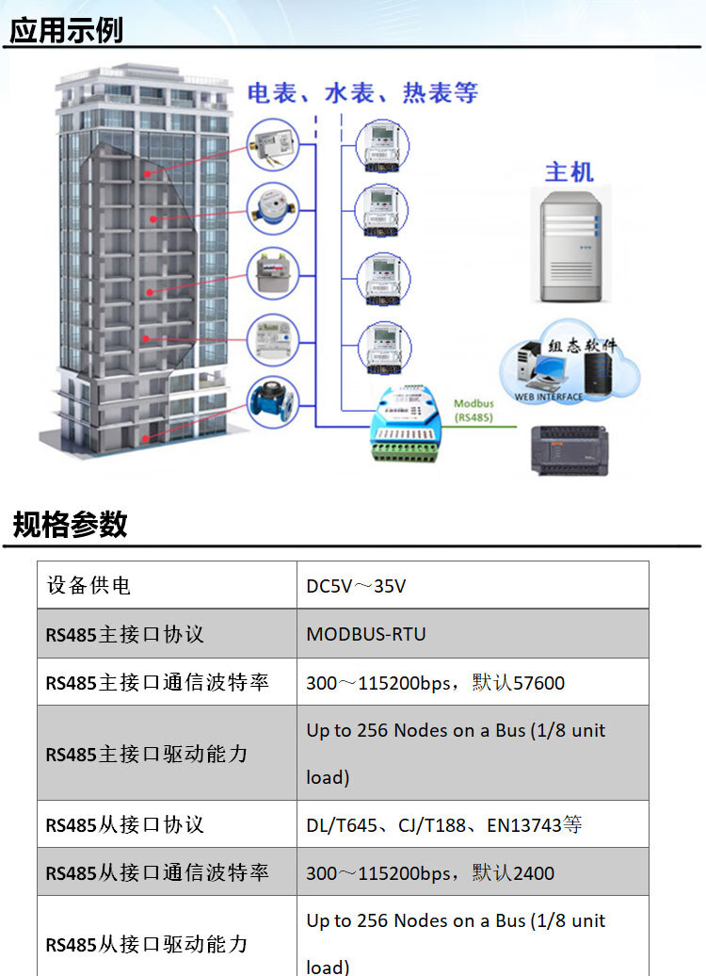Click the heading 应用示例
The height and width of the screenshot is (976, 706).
(66, 30)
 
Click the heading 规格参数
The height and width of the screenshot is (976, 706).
(71, 524)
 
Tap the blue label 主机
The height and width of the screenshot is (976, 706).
(570, 172)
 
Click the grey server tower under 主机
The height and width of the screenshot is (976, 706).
(571, 247)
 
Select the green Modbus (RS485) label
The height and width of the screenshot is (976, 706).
(473, 411)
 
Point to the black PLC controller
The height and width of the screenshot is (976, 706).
(570, 450)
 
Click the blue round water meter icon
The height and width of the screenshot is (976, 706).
(272, 209)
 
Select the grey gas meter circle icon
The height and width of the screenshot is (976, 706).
(272, 274)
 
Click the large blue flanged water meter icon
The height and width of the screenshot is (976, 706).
(272, 402)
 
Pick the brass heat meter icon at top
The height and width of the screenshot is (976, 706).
(272, 145)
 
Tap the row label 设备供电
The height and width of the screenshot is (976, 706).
(88, 586)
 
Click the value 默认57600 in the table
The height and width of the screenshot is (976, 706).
(518, 683)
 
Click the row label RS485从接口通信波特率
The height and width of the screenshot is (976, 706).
(157, 872)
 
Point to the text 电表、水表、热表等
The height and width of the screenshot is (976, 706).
(362, 93)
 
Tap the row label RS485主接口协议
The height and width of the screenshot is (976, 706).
(124, 634)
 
